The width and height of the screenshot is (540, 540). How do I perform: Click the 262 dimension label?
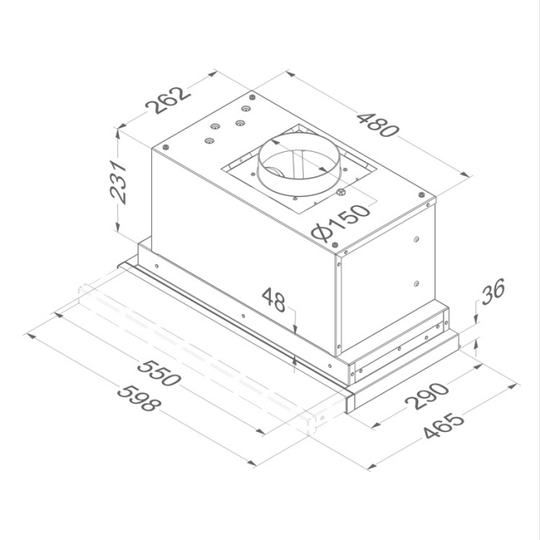tap(168, 100)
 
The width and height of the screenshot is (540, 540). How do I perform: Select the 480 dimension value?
tap(378, 125)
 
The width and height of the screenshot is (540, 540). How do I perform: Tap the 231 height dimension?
tap(118, 182)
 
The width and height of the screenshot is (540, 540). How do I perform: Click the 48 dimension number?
tap(273, 300)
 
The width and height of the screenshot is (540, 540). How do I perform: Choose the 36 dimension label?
tap(493, 291)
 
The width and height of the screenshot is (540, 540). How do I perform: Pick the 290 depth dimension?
tap(427, 396)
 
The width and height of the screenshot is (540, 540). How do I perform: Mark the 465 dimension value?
tap(444, 425)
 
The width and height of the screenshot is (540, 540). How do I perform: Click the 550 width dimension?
tap(159, 373)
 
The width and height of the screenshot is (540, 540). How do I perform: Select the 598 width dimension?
tap(138, 399)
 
